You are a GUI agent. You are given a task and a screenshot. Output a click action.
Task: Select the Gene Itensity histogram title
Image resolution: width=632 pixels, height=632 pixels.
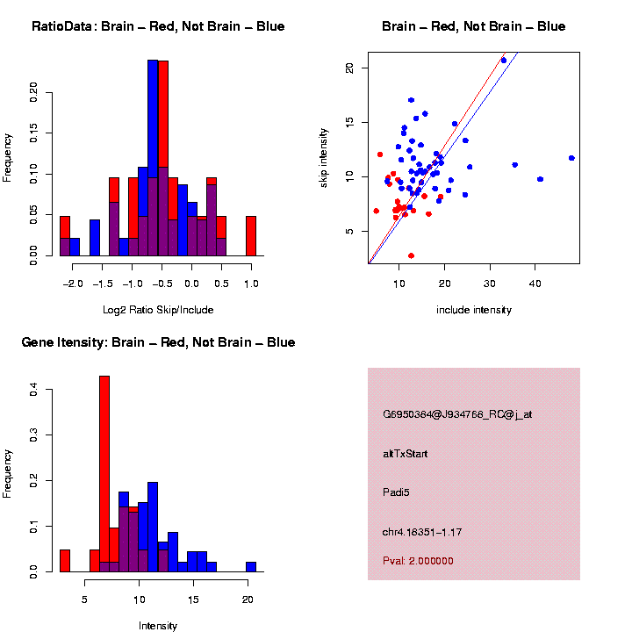click(158, 342)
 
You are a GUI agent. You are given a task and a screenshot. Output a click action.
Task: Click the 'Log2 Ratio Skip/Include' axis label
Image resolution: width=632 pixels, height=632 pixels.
click(158, 309)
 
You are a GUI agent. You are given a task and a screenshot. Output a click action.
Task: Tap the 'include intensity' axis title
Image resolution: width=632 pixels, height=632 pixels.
click(474, 309)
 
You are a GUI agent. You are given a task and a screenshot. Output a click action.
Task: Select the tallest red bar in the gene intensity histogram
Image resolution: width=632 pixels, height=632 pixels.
click(104, 474)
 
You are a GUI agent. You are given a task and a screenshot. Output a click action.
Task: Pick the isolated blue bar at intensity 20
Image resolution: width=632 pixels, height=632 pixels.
click(251, 567)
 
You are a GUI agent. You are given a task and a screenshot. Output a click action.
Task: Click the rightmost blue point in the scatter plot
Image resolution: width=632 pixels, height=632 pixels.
click(571, 158)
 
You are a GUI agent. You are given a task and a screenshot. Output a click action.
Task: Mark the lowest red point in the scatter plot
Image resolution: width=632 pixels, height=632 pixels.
click(411, 255)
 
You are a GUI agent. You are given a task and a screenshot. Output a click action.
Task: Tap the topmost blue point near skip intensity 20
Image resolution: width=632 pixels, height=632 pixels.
click(504, 61)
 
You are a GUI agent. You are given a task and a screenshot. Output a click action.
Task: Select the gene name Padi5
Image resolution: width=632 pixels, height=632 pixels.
click(397, 492)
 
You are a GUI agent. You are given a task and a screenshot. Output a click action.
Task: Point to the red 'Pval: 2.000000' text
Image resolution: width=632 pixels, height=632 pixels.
click(419, 561)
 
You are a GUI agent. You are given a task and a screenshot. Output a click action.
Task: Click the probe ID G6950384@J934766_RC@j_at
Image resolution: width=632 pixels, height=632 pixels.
click(457, 414)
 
